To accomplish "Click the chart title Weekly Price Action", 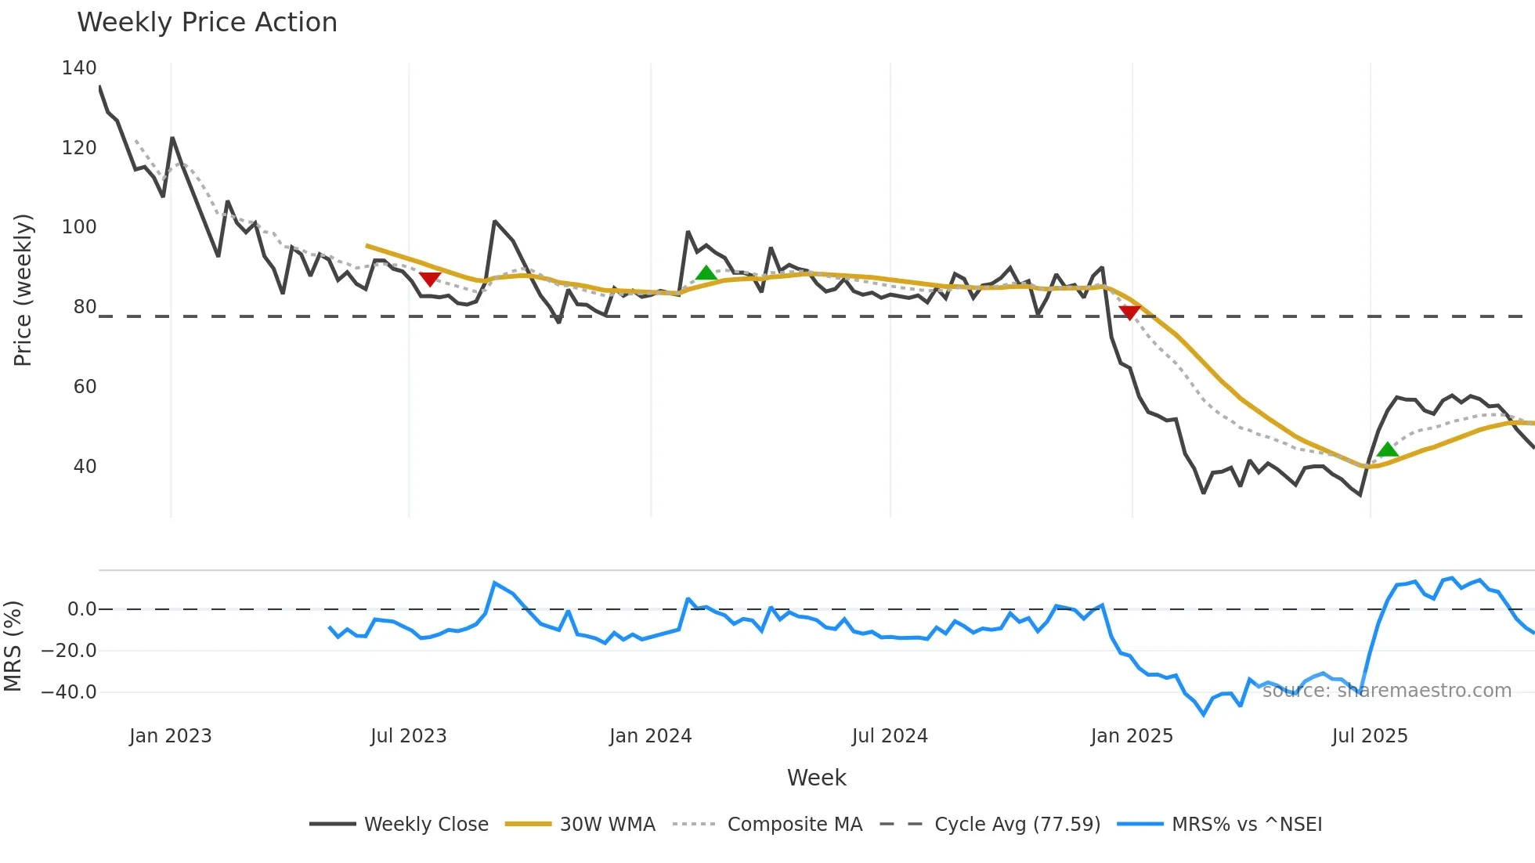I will pos(207,23).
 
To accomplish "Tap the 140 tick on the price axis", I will pos(79,68).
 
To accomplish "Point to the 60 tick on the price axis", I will pos(85,387).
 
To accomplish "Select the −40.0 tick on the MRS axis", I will pos(69,692).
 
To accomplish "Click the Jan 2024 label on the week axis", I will pos(650,736).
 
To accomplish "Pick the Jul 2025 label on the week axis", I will pos(1369,736).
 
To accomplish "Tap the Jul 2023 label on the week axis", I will pos(408,736).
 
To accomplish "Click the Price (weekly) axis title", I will pos(23,290).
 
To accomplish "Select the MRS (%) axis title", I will pos(13,646).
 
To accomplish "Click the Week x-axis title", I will pos(816,778).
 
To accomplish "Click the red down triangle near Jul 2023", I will pos(430,279).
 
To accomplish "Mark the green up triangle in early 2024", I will pos(706,273).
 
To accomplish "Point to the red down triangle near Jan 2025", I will pos(1129,312).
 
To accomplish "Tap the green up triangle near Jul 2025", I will pos(1387,450).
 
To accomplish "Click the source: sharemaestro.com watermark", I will pos(1386,691).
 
